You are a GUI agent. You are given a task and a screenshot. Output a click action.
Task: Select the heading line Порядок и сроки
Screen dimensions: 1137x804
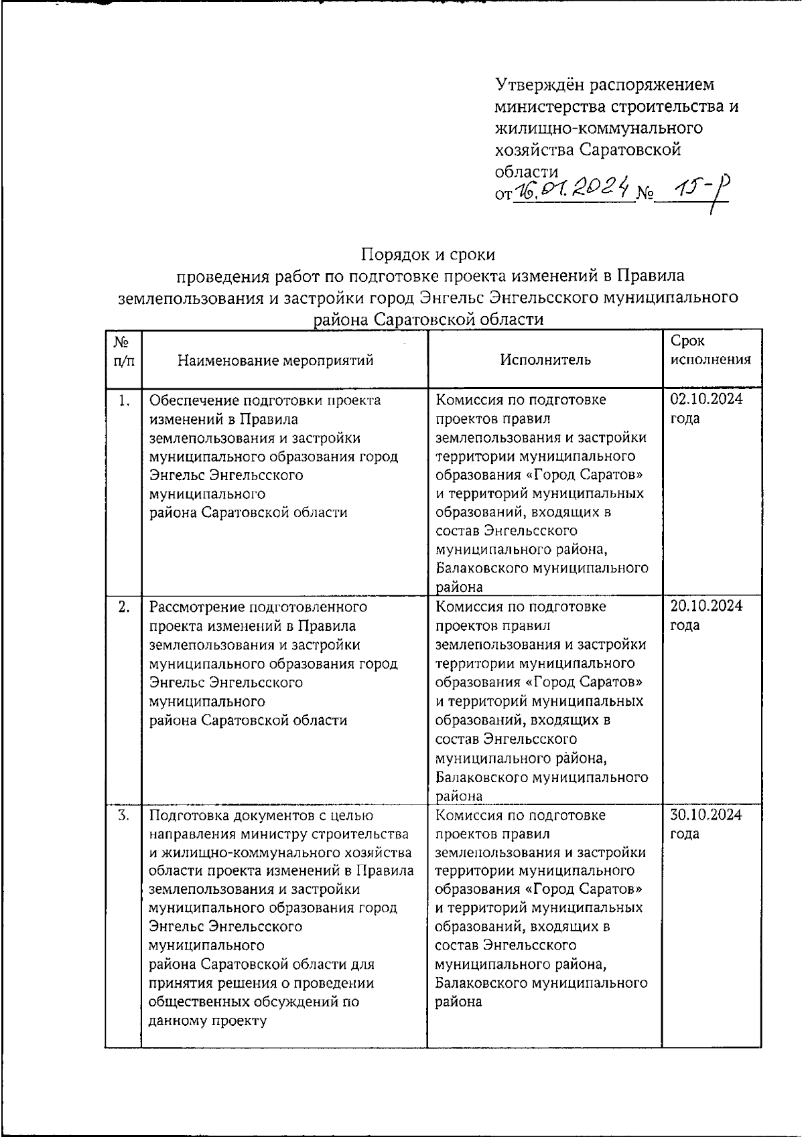(428, 254)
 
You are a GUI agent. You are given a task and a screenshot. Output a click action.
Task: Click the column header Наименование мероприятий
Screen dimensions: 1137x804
(275, 360)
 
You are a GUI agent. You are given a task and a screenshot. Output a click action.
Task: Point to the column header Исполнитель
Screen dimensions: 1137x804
(545, 360)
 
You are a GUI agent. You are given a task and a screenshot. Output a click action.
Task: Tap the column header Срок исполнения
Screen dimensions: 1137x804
(710, 350)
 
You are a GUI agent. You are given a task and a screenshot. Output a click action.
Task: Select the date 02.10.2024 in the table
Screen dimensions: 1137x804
(706, 400)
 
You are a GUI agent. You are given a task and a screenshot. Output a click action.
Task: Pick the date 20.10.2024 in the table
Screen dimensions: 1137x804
(706, 606)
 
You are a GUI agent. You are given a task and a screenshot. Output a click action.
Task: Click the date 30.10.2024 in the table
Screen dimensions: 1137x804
(706, 815)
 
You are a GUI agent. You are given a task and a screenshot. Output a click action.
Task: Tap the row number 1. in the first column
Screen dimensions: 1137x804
(123, 400)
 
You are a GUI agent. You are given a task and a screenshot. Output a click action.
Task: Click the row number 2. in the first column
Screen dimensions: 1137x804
(123, 607)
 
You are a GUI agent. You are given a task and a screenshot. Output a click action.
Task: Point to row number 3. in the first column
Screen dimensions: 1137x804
(123, 816)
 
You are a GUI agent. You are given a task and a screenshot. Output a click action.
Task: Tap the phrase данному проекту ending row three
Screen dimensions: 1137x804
(208, 1021)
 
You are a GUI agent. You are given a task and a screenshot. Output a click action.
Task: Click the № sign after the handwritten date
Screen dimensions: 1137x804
(645, 195)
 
